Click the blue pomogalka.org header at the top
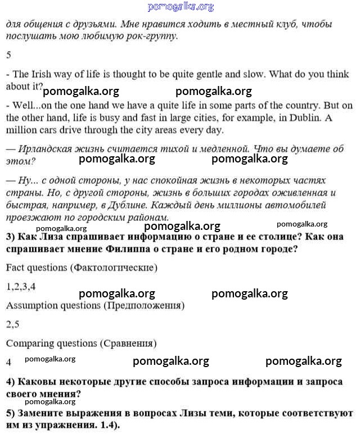(x=181, y=7)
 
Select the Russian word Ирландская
(x=48, y=149)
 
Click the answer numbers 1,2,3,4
(x=21, y=286)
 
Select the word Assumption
(x=33, y=305)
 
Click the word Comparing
(x=29, y=343)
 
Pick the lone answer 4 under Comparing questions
(x=9, y=363)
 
